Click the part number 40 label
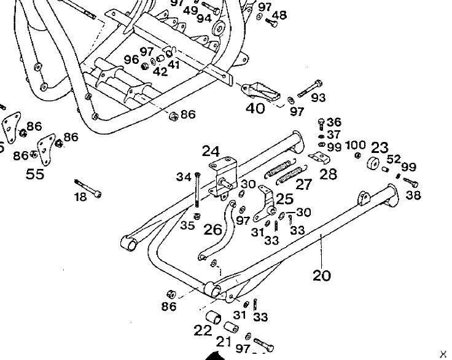pyautogui.click(x=255, y=109)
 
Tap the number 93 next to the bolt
pyautogui.click(x=318, y=98)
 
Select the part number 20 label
pyautogui.click(x=321, y=275)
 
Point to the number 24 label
pyautogui.click(x=211, y=151)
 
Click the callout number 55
pyautogui.click(x=35, y=174)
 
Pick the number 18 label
pyautogui.click(x=80, y=196)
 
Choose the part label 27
pyautogui.click(x=304, y=184)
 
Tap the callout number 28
pyautogui.click(x=329, y=174)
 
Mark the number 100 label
pyautogui.click(x=356, y=145)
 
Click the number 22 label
pyautogui.click(x=203, y=330)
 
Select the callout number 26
pyautogui.click(x=212, y=230)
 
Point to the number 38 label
pyautogui.click(x=414, y=196)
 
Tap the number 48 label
pyautogui.click(x=279, y=15)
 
